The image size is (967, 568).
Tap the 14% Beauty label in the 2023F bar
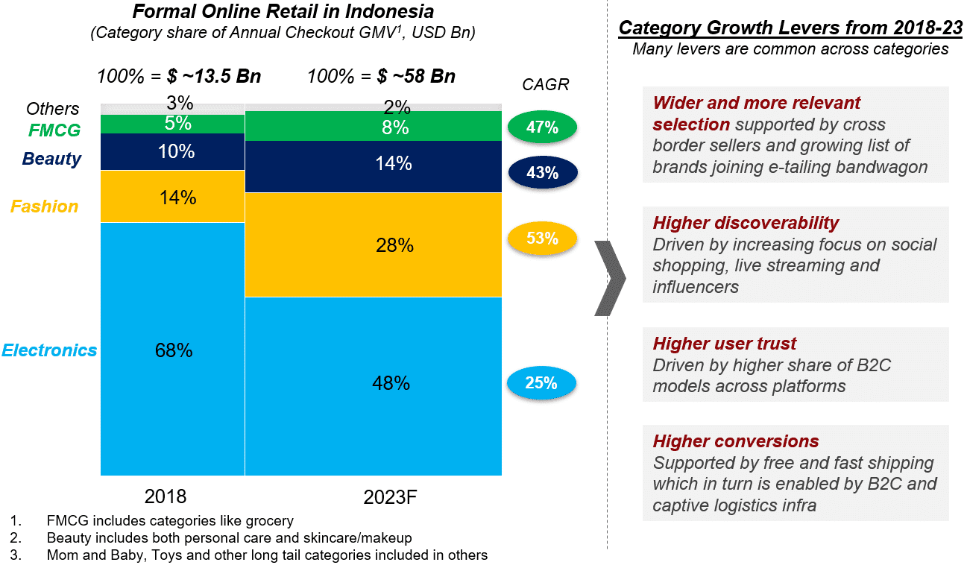[394, 164]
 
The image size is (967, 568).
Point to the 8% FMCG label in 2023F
[394, 127]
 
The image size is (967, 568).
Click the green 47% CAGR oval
[542, 127]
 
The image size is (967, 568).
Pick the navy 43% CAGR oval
[542, 172]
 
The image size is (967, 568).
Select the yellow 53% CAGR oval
[542, 239]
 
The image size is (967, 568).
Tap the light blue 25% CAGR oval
[542, 383]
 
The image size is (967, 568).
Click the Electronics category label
[50, 350]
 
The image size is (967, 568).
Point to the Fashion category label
[44, 206]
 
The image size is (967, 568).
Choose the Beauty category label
[51, 159]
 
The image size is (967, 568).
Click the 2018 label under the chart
[166, 497]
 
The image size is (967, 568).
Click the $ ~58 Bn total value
[416, 77]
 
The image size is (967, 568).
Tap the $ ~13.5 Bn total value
[214, 77]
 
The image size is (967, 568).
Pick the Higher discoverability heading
[746, 223]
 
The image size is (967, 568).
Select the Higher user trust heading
[725, 344]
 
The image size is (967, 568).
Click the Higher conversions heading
[736, 441]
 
